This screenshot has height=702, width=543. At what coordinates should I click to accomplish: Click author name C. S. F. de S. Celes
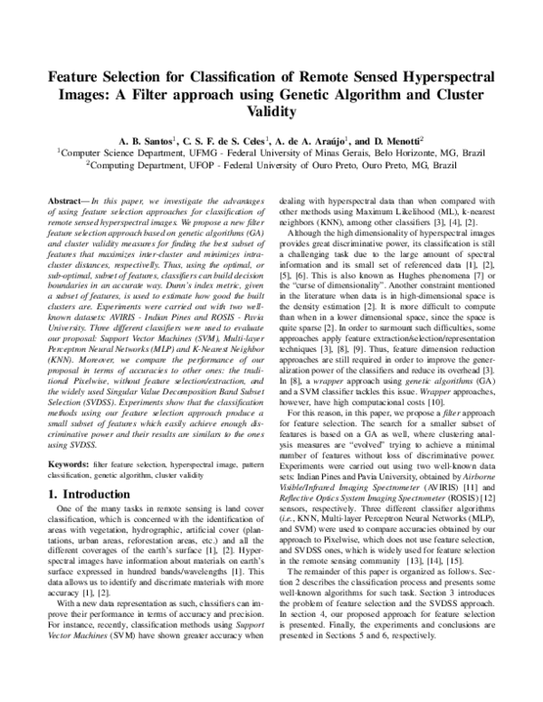pos(222,141)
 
